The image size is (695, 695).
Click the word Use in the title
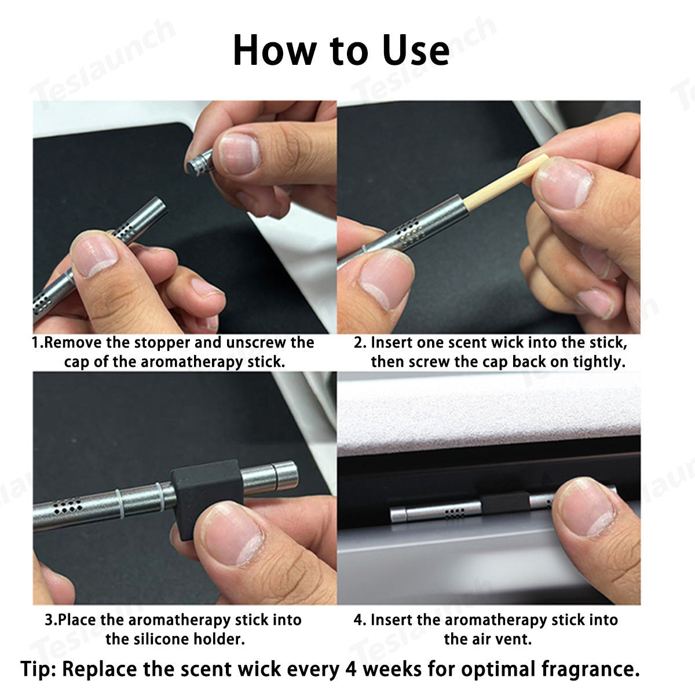(416, 50)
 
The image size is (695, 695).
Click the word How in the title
(275, 50)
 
